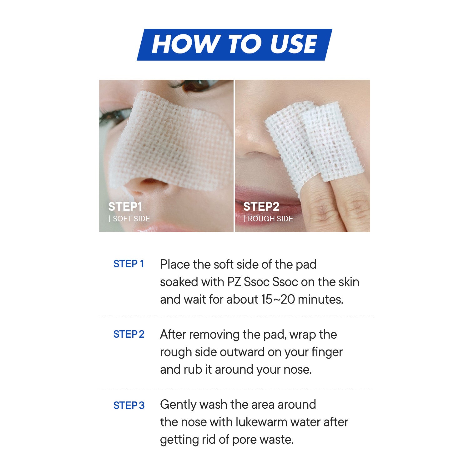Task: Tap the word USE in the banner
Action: [x=294, y=44]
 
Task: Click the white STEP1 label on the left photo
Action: [x=125, y=207]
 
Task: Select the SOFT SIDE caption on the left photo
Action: [x=131, y=219]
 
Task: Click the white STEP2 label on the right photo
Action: [x=261, y=207]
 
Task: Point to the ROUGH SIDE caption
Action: [x=270, y=219]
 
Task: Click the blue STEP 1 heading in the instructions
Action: [x=129, y=264]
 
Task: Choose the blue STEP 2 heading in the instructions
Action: [x=129, y=334]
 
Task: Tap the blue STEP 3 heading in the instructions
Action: [x=129, y=406]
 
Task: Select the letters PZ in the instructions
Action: [x=234, y=282]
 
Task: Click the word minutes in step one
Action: [x=320, y=300]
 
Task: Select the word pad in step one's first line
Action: [x=306, y=265]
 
